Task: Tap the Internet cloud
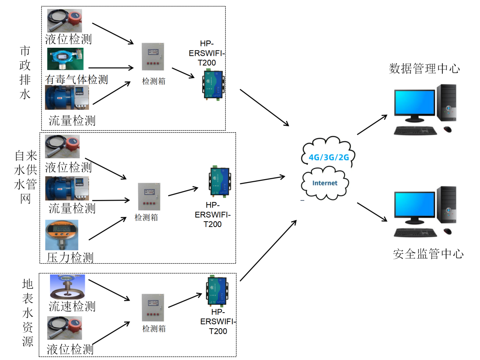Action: pos(324,183)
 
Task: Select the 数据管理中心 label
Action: pos(424,69)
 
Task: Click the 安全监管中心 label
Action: pos(428,254)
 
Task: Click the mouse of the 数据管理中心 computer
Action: pos(447,129)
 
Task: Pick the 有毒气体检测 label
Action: pos(76,79)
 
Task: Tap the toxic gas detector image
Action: pos(65,59)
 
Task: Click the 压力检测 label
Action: pos(70,258)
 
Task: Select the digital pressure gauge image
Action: pos(62,235)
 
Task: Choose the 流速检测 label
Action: pos(72,306)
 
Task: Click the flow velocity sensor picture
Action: pos(67,286)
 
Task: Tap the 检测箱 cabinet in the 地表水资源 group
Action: pos(153,308)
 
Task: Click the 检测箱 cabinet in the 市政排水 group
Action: pos(153,57)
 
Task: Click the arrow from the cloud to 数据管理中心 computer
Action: pos(372,124)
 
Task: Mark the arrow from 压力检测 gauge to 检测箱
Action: pos(107,229)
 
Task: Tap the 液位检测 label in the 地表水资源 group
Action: pos(70,349)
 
